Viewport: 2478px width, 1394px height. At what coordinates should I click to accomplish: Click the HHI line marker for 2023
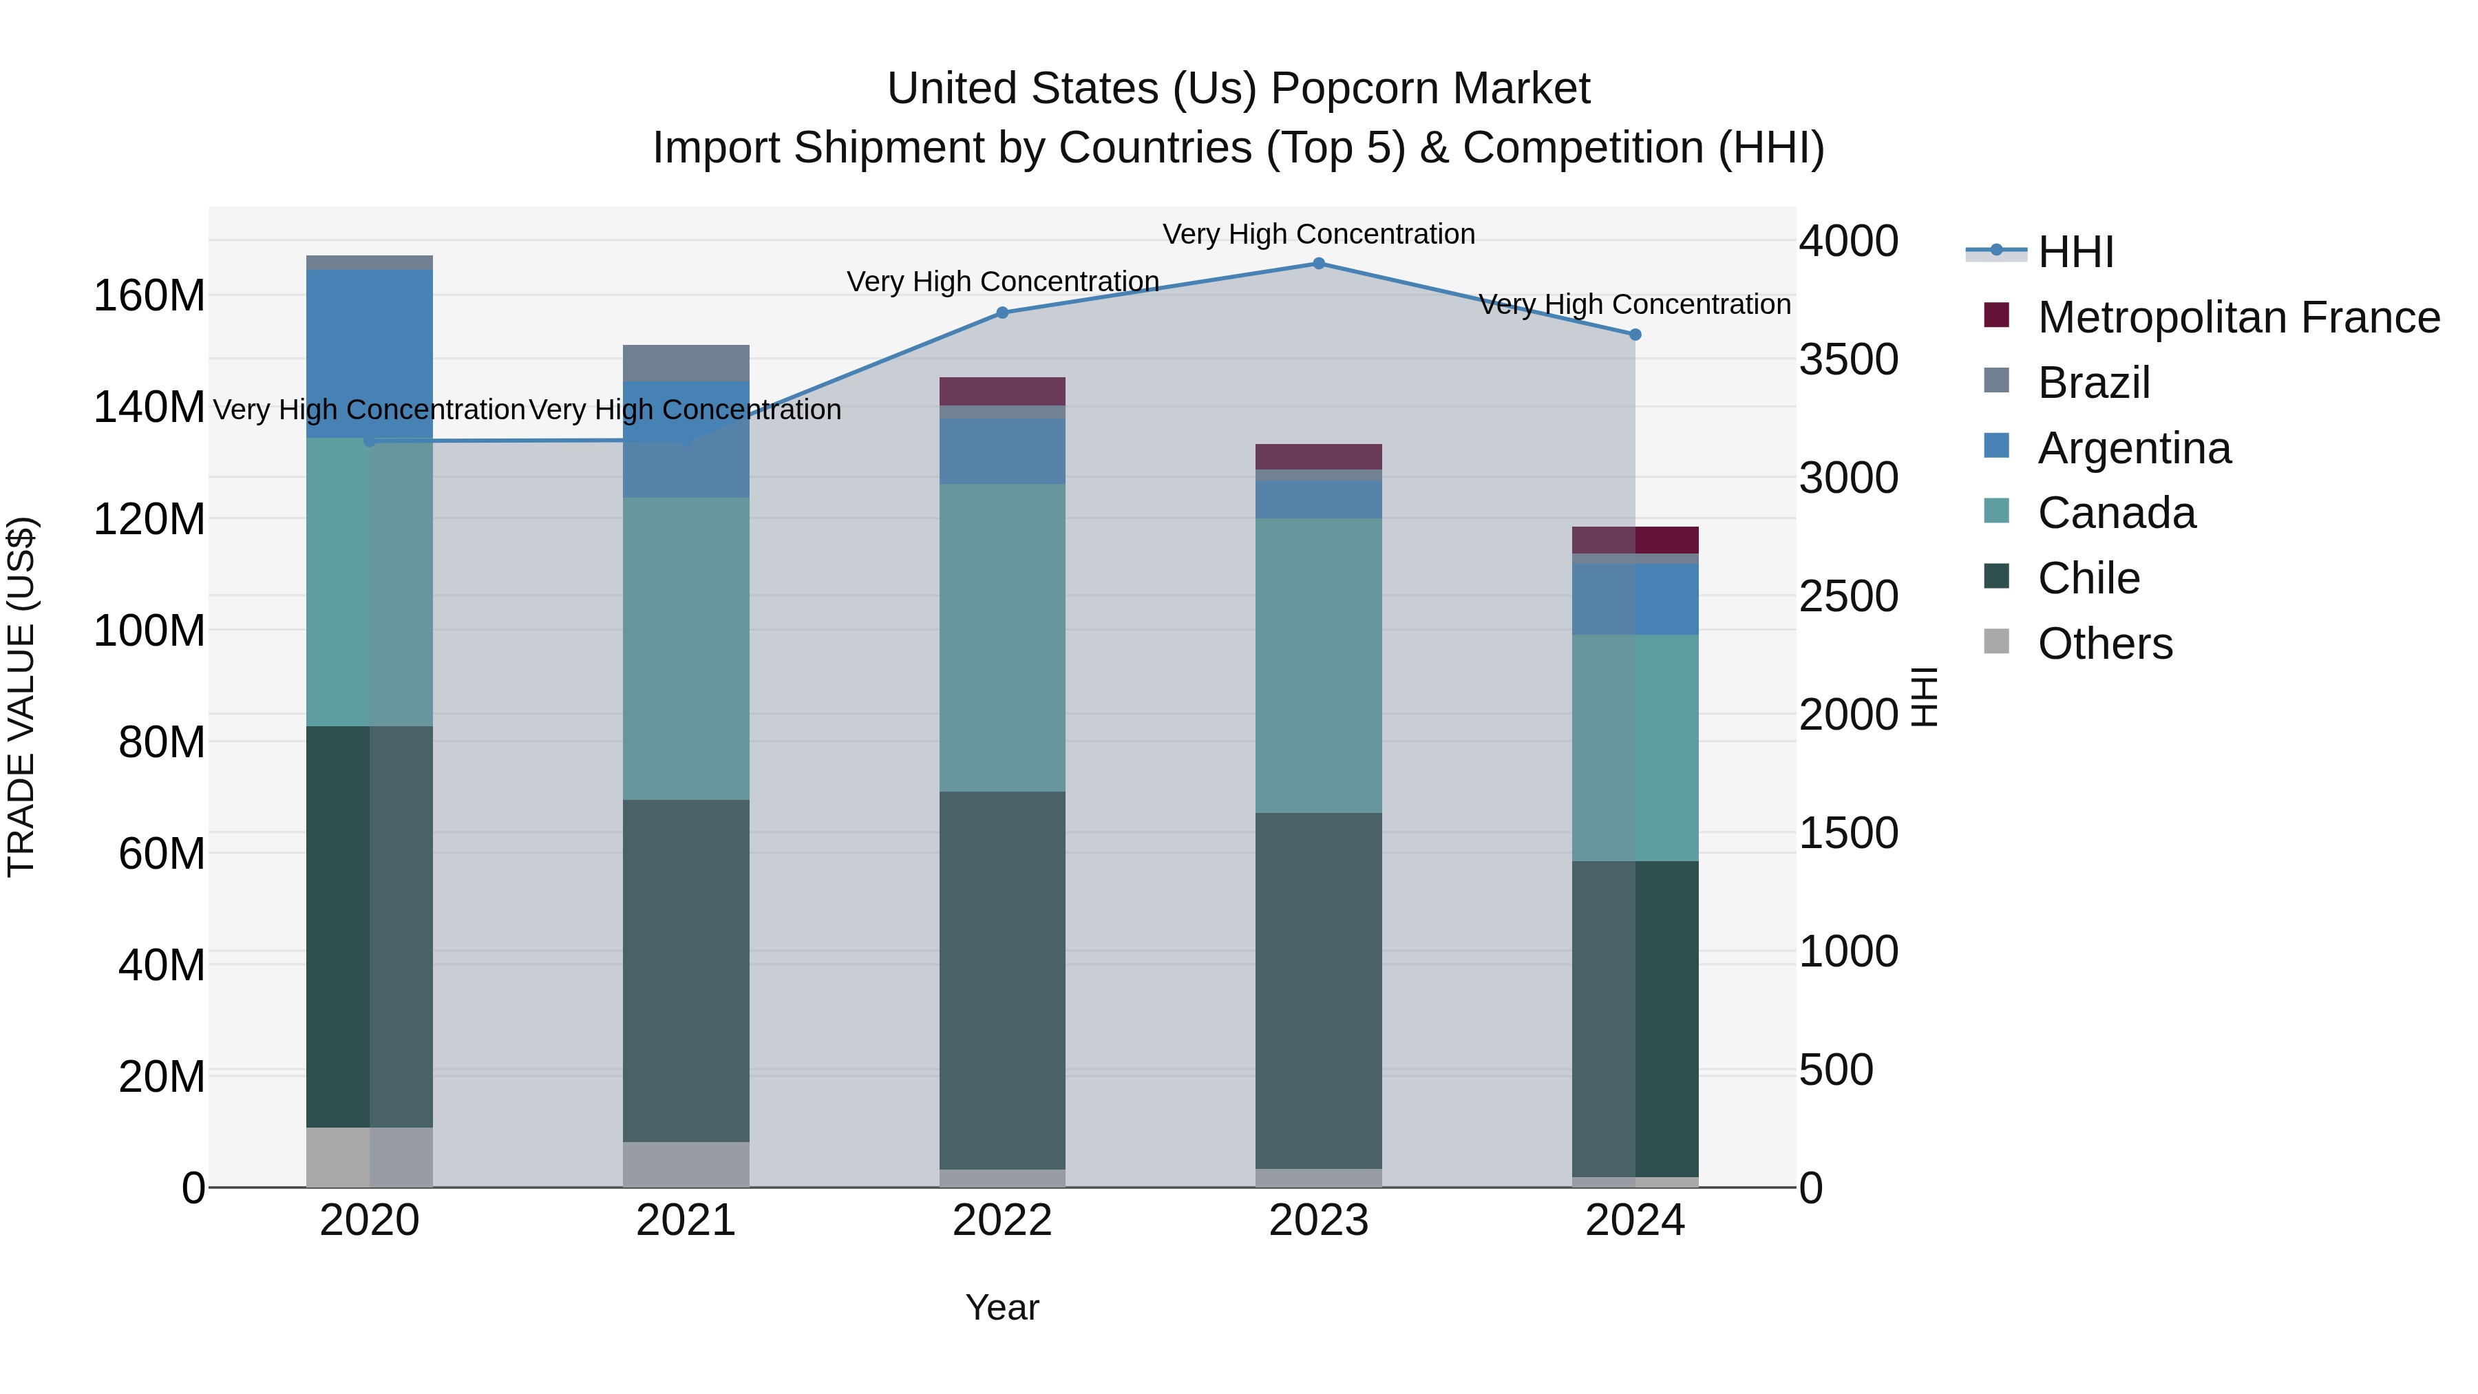point(1318,264)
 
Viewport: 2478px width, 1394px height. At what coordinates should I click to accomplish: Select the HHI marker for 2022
point(1002,313)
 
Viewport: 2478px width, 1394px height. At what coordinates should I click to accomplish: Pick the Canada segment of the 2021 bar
point(685,648)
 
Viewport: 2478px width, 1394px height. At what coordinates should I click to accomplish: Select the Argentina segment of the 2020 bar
point(370,353)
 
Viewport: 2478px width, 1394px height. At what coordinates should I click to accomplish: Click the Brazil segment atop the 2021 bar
point(685,363)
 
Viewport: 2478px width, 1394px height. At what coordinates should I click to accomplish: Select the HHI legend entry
point(2075,252)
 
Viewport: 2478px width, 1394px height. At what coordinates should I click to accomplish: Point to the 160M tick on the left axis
point(149,295)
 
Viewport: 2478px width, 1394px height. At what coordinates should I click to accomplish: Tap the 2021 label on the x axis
point(685,1221)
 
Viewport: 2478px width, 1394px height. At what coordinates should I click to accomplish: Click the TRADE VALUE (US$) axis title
point(22,697)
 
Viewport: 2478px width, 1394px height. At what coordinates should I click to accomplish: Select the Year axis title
point(1002,1307)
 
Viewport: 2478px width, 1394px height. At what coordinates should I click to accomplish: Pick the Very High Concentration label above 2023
point(1318,234)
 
